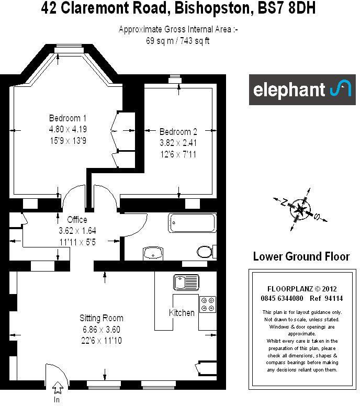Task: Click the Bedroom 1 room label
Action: pyautogui.click(x=67, y=118)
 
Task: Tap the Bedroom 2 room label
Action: pyautogui.click(x=178, y=131)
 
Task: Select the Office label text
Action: pyautogui.click(x=77, y=220)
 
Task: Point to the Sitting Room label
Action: pyautogui.click(x=101, y=318)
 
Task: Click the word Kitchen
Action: pyautogui.click(x=182, y=313)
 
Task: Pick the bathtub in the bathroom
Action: pyautogui.click(x=192, y=223)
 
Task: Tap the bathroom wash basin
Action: pyautogui.click(x=153, y=253)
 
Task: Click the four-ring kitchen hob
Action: pyautogui.click(x=207, y=304)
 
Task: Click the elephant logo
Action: pyautogui.click(x=302, y=89)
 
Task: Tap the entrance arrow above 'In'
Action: pyautogui.click(x=57, y=388)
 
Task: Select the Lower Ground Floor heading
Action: pyautogui.click(x=301, y=257)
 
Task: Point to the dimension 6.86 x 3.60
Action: pyautogui.click(x=101, y=330)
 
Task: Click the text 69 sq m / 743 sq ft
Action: pyautogui.click(x=178, y=41)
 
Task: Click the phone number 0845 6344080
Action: pyautogui.click(x=282, y=299)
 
